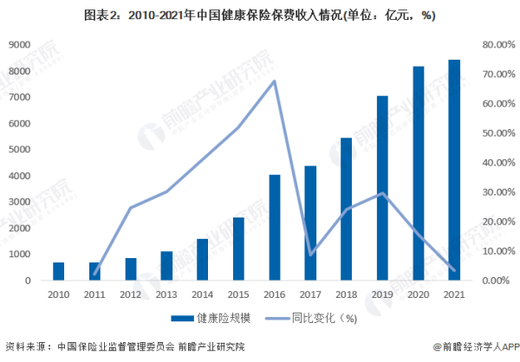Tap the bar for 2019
click(x=382, y=189)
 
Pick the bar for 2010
click(x=59, y=271)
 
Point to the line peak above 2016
click(x=275, y=81)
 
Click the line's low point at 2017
click(x=310, y=255)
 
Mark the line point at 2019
click(x=382, y=193)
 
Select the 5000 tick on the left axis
click(x=21, y=150)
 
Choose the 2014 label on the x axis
click(x=202, y=296)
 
